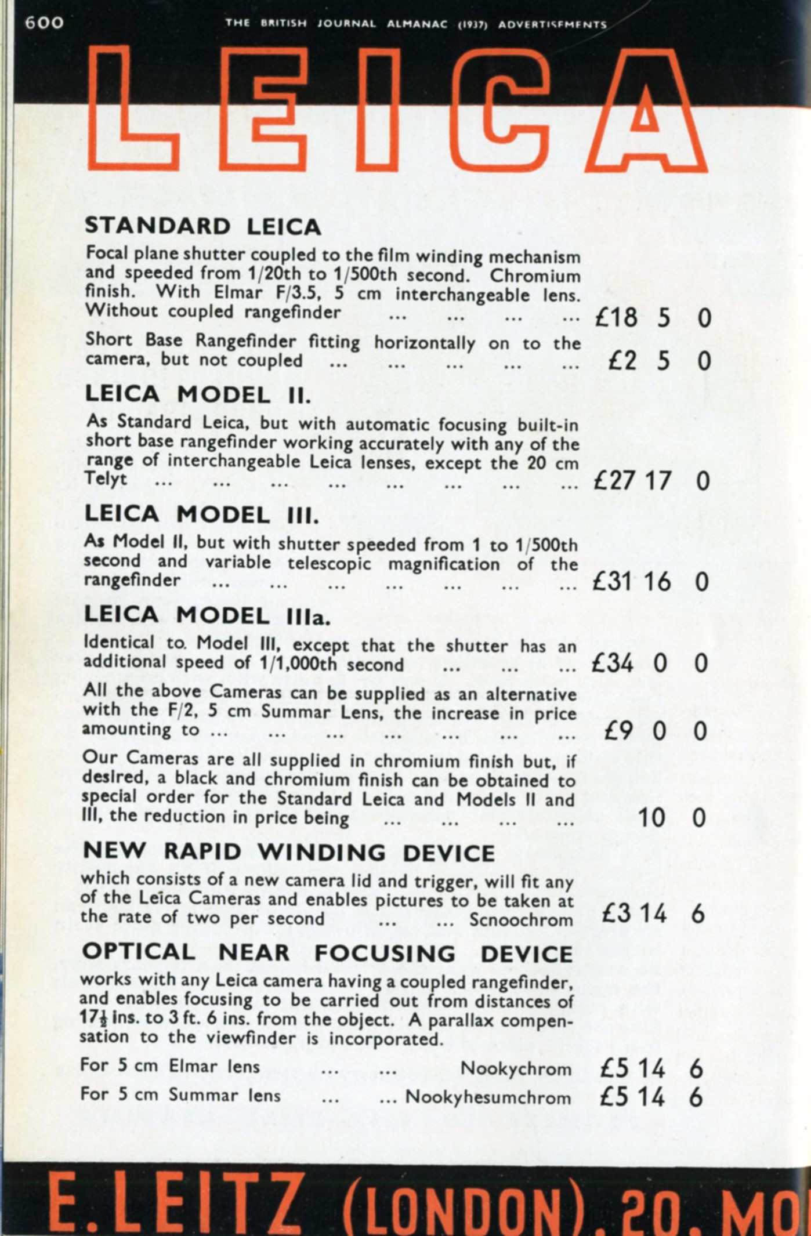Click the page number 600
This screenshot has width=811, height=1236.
44,23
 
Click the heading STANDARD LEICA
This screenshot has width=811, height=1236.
202,226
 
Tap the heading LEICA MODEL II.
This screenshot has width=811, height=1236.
198,395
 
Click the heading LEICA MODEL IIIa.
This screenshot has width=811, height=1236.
207,616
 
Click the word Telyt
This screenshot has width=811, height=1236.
106,479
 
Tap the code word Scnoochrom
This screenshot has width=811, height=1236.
521,920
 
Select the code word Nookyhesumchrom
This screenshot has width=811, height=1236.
488,1097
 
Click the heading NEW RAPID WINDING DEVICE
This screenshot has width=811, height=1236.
289,852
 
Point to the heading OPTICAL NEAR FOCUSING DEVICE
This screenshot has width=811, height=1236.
327,954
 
